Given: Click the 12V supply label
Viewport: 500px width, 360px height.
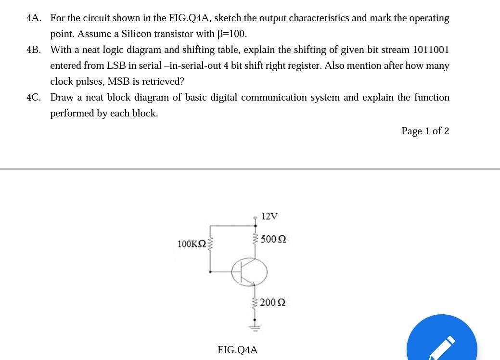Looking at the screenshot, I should click(269, 216).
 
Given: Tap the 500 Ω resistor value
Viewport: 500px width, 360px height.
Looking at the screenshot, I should click(273, 239).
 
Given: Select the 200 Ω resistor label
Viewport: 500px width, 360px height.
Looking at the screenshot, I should click(273, 303).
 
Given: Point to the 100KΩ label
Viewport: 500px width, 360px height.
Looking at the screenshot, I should click(192, 244).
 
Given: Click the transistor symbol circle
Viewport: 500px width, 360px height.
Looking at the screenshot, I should click(249, 272).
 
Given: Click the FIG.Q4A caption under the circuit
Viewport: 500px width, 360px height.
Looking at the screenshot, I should click(238, 350).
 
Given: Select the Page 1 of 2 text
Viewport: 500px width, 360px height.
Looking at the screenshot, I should click(425, 131).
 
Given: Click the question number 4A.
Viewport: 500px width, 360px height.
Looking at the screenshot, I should click(34, 18).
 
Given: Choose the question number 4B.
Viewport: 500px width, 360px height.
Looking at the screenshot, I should click(34, 50).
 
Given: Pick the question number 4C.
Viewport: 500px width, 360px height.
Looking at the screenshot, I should click(34, 98).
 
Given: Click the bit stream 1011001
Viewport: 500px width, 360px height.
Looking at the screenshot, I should click(431, 50).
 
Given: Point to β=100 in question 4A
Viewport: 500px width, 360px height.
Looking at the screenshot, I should click(232, 34).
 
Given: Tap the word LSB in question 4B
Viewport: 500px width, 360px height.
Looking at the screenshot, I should click(116, 66).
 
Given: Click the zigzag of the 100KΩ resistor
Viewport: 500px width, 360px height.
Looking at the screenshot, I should click(209, 244).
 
